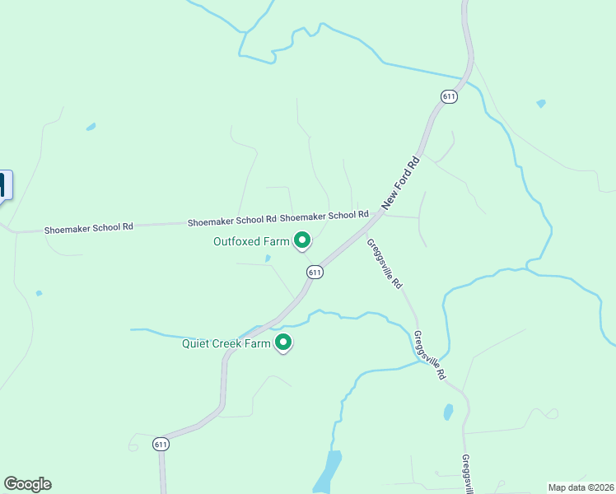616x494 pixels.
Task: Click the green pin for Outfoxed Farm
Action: pyautogui.click(x=302, y=240)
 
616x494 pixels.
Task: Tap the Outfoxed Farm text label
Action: pyautogui.click(x=251, y=241)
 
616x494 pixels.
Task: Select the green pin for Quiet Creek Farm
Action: pyautogui.click(x=283, y=343)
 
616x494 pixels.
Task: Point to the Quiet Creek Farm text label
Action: pyautogui.click(x=226, y=343)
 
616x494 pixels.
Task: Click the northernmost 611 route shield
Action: pyautogui.click(x=449, y=96)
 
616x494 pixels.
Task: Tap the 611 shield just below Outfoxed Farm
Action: pyautogui.click(x=315, y=272)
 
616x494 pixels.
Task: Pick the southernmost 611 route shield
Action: pyautogui.click(x=161, y=444)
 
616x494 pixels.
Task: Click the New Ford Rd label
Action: pyautogui.click(x=402, y=184)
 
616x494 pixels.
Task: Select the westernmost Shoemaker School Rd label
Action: pyautogui.click(x=88, y=227)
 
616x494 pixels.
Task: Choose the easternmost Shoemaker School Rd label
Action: pyautogui.click(x=324, y=216)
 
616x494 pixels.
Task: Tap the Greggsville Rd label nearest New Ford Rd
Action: pyautogui.click(x=385, y=263)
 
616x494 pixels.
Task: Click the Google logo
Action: pyautogui.click(x=27, y=484)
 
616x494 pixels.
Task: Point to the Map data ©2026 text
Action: pyautogui.click(x=581, y=487)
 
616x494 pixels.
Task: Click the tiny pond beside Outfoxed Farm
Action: pyautogui.click(x=268, y=259)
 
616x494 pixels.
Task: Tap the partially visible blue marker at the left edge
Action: pyautogui.click(x=5, y=185)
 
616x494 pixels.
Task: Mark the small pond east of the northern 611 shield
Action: pyautogui.click(x=540, y=104)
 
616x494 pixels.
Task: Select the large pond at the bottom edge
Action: pyautogui.click(x=329, y=473)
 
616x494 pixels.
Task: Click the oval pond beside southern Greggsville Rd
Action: pyautogui.click(x=448, y=412)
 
